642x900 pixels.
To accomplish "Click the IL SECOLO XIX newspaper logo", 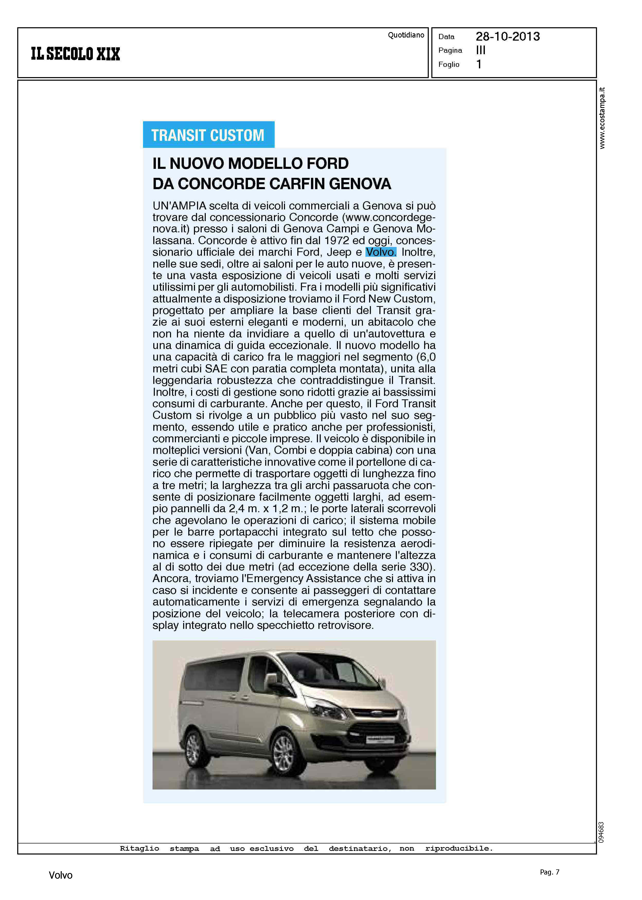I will [x=75, y=54].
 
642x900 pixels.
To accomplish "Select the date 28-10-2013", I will [x=507, y=37].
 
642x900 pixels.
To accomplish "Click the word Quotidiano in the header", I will [x=406, y=35].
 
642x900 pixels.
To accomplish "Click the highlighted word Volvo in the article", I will [x=380, y=252].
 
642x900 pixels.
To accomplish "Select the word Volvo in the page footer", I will [x=60, y=875].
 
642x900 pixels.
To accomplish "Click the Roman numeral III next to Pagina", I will [x=481, y=50].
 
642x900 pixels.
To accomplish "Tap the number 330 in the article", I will [x=421, y=567].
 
